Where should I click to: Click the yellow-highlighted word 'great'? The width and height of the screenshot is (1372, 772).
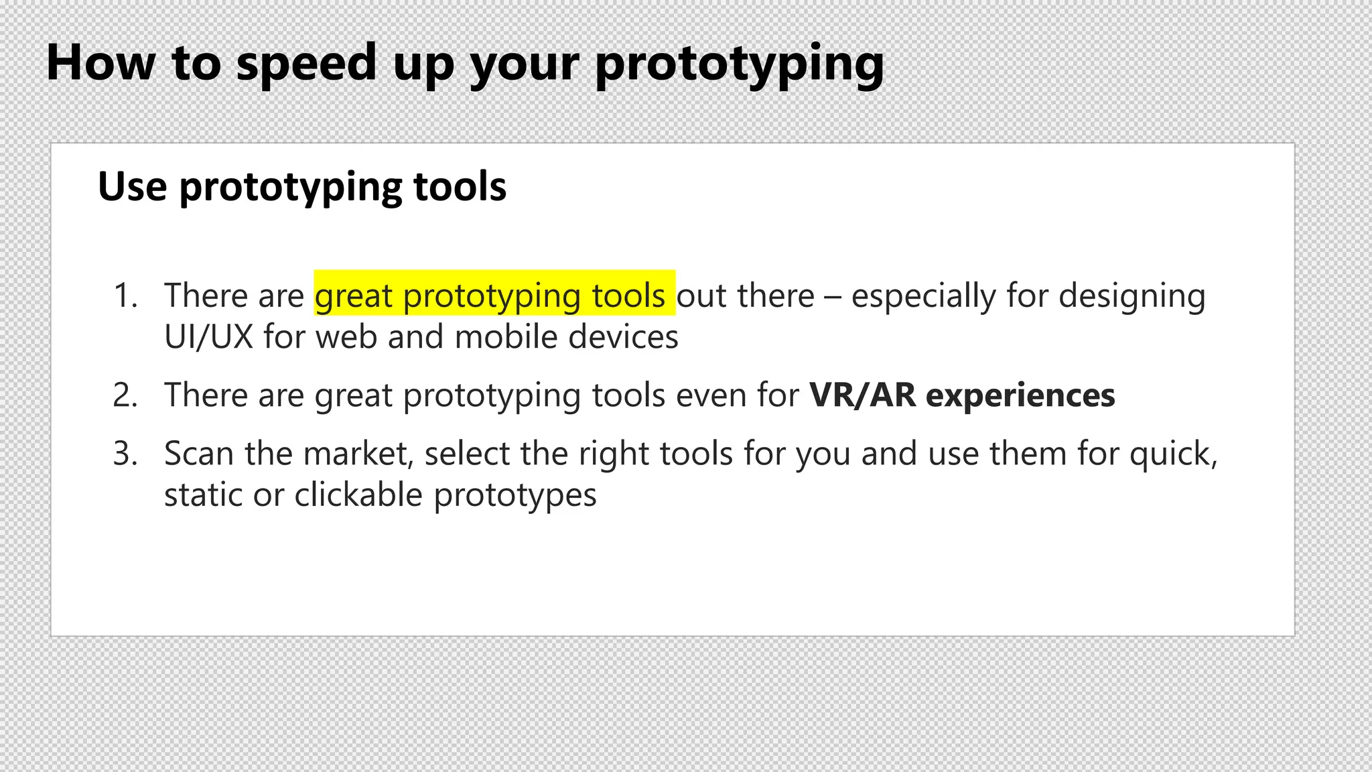tap(353, 296)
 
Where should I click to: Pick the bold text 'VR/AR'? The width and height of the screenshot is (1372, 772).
tap(862, 395)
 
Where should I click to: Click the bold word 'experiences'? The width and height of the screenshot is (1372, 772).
tap(1020, 395)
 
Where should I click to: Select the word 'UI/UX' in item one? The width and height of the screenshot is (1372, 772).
tap(208, 336)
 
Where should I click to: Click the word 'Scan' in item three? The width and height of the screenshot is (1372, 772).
tap(199, 454)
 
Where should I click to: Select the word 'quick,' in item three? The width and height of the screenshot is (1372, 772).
tap(1173, 454)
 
